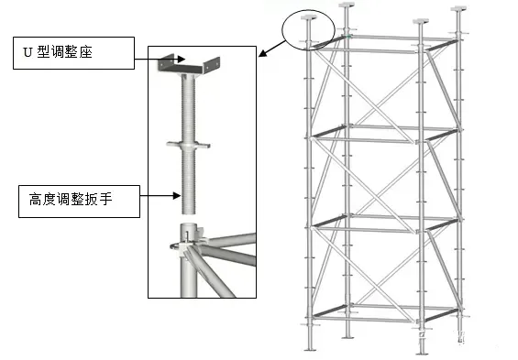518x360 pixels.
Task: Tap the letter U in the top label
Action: pyautogui.click(x=28, y=52)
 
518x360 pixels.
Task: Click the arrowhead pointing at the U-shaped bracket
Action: pyautogui.click(x=182, y=59)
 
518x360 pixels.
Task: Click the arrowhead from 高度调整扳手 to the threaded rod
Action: pyautogui.click(x=177, y=196)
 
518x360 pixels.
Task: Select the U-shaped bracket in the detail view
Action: pyautogui.click(x=188, y=65)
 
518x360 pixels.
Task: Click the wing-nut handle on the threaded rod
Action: pyautogui.click(x=188, y=145)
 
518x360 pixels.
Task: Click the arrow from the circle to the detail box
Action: pyautogui.click(x=272, y=49)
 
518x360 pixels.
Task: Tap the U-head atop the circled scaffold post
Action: pyautogui.click(x=309, y=16)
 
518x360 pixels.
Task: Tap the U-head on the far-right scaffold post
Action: pyautogui.click(x=459, y=8)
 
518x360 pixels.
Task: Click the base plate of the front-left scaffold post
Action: pyautogui.click(x=310, y=349)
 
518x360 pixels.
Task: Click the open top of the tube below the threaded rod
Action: pyautogui.click(x=189, y=225)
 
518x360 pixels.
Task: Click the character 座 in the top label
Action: pyautogui.click(x=85, y=52)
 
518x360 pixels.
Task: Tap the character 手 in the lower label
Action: pyautogui.click(x=105, y=200)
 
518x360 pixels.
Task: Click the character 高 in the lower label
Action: pyautogui.click(x=36, y=200)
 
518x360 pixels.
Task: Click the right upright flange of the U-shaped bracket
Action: pyautogui.click(x=211, y=64)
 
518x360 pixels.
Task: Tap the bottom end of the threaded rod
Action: pyautogui.click(x=189, y=213)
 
